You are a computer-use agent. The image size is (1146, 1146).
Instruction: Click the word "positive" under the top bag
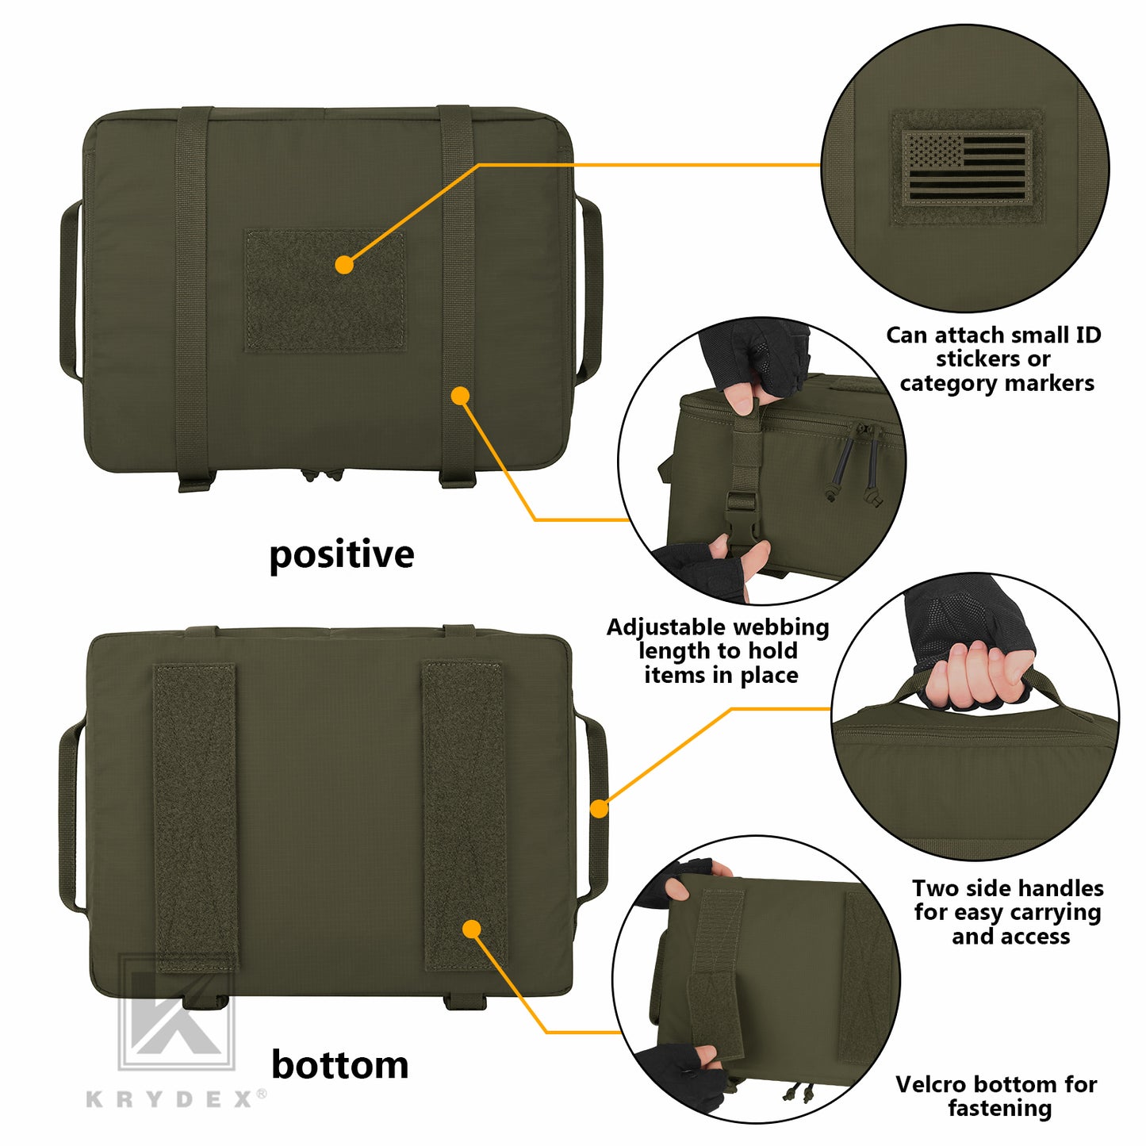(x=341, y=555)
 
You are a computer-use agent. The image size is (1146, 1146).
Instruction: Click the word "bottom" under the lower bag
(x=340, y=1064)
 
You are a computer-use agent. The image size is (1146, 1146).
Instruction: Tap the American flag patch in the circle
(x=966, y=168)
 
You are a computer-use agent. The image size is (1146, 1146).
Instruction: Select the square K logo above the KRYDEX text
(x=177, y=1012)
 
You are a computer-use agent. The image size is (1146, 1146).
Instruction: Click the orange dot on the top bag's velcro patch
(x=343, y=265)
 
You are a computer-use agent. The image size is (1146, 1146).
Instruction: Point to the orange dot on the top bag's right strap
(x=460, y=396)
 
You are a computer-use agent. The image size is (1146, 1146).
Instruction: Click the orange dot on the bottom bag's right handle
(x=600, y=808)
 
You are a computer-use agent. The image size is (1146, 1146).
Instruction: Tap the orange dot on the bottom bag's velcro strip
(x=472, y=929)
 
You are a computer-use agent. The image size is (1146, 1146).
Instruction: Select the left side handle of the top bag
(x=70, y=290)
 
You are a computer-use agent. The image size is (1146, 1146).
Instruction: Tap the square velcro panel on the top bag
(x=326, y=290)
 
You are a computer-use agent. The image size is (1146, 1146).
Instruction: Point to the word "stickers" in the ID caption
(x=993, y=359)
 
